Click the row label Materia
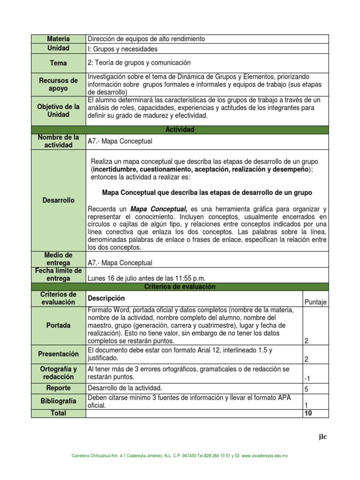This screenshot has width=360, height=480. tap(59, 39)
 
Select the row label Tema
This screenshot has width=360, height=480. tap(59, 63)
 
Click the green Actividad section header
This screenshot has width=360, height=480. tap(180, 129)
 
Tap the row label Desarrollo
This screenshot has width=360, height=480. tap(59, 200)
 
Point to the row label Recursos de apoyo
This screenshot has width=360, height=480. tap(59, 84)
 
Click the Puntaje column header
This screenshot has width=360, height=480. tap(315, 302)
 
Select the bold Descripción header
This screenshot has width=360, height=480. tap(106, 298)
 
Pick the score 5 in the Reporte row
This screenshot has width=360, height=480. tap(307, 389)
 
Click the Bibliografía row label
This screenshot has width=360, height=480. tap(59, 401)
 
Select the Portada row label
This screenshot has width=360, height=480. tap(59, 325)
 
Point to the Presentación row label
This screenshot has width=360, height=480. tap(59, 354)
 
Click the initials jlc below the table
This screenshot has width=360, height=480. tap(322, 437)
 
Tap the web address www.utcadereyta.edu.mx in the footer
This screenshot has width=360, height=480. tap(265, 455)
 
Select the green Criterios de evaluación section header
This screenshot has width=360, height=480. tap(180, 286)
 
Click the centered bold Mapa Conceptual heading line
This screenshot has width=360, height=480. tap(207, 193)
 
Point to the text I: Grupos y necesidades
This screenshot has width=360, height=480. tap(122, 49)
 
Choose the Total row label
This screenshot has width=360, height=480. tap(59, 413)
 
